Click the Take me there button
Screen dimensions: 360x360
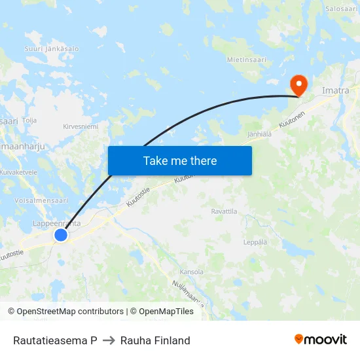pyautogui.click(x=180, y=160)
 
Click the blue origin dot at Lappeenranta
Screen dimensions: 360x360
pyautogui.click(x=61, y=234)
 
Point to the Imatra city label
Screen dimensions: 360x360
pyautogui.click(x=336, y=90)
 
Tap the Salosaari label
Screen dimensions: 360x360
pyautogui.click(x=341, y=9)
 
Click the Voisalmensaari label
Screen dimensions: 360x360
pyautogui.click(x=41, y=200)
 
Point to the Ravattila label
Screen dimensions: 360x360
pyautogui.click(x=224, y=211)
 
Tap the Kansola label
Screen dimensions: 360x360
pyautogui.click(x=191, y=272)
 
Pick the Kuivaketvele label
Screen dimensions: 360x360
pyautogui.click(x=18, y=172)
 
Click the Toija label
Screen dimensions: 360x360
pyautogui.click(x=29, y=120)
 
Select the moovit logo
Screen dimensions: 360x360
pyautogui.click(x=321, y=340)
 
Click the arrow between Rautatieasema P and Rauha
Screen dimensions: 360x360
pyautogui.click(x=109, y=340)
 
